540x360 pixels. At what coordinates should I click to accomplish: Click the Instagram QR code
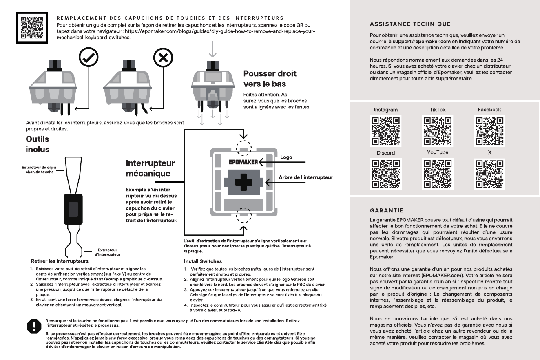tap(386, 131)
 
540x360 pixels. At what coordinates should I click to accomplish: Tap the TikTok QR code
tap(438, 131)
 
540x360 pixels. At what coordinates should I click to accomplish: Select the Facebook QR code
tap(489, 131)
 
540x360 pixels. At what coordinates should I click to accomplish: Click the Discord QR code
tap(386, 174)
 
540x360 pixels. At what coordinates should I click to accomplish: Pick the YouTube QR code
tap(438, 174)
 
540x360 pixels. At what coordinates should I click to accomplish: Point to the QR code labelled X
tap(489, 174)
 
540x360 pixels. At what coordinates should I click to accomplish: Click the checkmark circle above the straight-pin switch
tap(89, 57)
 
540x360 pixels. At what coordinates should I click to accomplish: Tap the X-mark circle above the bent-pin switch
tap(163, 58)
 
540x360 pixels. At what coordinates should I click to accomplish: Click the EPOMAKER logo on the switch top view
tap(243, 162)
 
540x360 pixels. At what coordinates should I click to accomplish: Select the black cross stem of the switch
tap(244, 182)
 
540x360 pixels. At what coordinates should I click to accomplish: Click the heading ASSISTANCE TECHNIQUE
tap(410, 24)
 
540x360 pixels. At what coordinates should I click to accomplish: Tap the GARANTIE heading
tap(386, 211)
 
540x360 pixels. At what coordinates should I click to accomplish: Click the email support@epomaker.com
tap(422, 42)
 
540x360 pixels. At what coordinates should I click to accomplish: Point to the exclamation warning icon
tap(34, 327)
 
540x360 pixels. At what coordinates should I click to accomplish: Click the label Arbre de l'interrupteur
tap(306, 177)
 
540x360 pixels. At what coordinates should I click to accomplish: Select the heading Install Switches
tap(203, 261)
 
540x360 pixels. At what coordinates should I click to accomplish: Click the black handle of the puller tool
tap(73, 209)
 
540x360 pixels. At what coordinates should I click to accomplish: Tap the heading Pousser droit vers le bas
tap(270, 79)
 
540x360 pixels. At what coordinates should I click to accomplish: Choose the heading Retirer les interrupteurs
tap(60, 261)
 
